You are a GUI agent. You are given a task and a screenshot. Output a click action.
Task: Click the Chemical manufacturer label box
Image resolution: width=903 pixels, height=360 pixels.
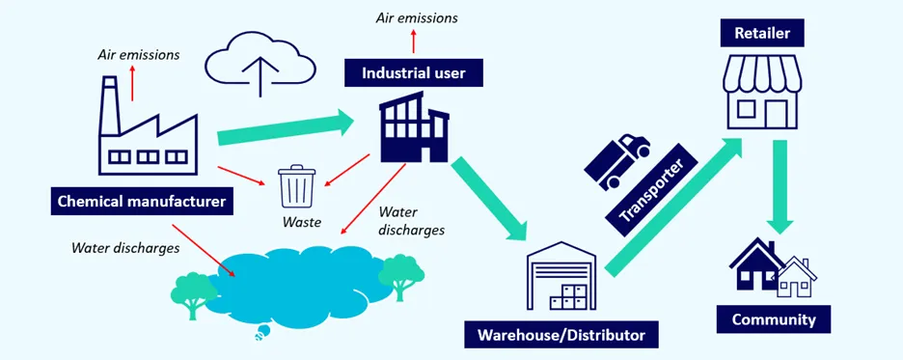(142, 202)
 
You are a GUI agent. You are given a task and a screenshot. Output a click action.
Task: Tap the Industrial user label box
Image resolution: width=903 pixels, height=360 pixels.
(414, 72)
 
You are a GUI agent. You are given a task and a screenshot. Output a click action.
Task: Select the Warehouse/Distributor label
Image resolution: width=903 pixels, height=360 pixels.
(561, 335)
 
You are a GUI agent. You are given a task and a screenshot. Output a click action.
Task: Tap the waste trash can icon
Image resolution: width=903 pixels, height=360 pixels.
(296, 187)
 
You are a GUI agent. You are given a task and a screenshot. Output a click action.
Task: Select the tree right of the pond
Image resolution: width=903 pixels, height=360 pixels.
(400, 274)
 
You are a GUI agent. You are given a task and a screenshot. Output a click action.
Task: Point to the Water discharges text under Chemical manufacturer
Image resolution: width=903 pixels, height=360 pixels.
(125, 248)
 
